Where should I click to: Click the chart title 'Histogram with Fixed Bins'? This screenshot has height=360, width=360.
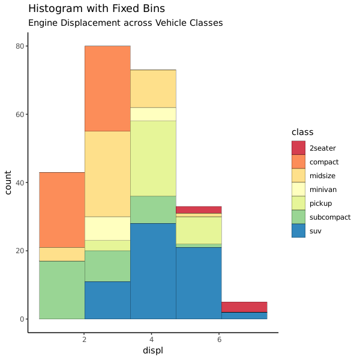point(97,9)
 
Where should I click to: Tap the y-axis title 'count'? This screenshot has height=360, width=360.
point(8,182)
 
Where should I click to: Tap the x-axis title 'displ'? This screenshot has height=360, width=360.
point(153,350)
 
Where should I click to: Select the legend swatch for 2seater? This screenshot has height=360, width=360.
point(299,148)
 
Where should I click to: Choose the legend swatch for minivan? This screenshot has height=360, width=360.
point(299,189)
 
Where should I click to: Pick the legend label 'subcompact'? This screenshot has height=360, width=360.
point(330,217)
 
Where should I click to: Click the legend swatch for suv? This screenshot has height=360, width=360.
point(299,230)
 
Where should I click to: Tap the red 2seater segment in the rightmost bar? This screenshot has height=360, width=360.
point(244,307)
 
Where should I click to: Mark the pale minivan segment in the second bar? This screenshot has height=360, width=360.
point(107,228)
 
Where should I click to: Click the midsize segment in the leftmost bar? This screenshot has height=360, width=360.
point(62,254)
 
